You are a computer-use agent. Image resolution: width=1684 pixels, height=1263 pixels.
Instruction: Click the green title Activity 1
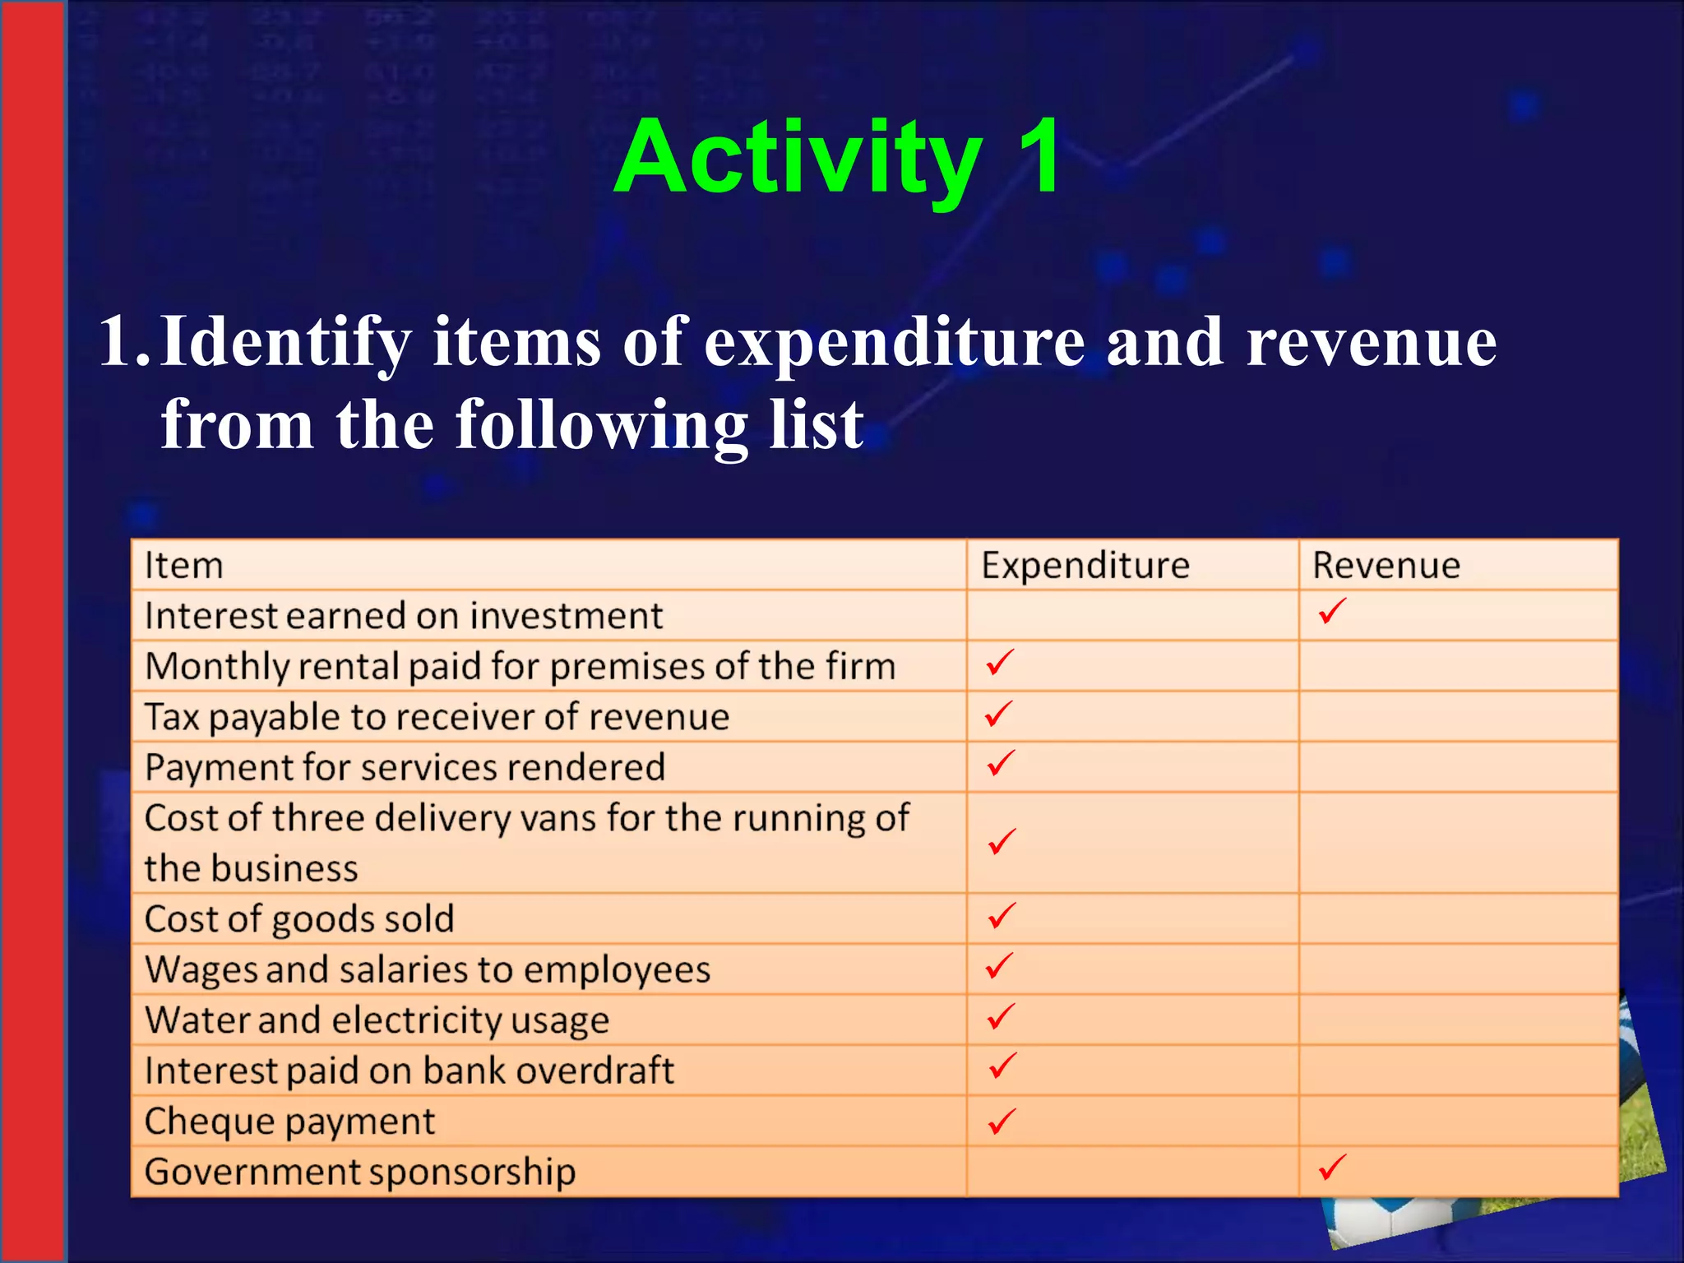tap(837, 158)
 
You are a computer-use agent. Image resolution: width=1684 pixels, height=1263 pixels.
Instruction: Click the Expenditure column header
tap(1085, 566)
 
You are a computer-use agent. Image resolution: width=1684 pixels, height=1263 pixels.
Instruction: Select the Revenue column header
tap(1386, 566)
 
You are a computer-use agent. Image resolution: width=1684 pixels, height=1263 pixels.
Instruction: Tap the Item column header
tap(184, 566)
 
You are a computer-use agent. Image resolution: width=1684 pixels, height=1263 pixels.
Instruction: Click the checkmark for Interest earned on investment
tap(1331, 611)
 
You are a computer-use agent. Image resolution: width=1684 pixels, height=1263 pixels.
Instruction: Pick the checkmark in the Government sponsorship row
tap(1331, 1167)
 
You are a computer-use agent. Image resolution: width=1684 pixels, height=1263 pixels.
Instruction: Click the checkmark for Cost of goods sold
tap(1002, 915)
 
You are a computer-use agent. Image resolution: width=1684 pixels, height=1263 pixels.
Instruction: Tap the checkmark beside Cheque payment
tap(1002, 1121)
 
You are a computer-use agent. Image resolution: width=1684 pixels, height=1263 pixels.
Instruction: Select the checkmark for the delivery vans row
tap(1002, 841)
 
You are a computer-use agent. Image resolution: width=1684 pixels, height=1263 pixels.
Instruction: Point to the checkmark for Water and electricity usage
tap(1002, 1017)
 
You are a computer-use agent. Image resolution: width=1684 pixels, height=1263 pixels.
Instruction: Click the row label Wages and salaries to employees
tap(428, 969)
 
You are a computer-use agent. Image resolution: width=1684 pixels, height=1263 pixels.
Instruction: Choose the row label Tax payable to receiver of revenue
tap(437, 717)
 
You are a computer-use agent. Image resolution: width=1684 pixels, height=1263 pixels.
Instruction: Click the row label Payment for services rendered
tap(405, 768)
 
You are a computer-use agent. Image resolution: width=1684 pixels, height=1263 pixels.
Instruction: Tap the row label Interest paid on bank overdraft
tap(409, 1071)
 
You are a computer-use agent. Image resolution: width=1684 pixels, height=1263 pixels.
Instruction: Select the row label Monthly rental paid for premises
tap(520, 666)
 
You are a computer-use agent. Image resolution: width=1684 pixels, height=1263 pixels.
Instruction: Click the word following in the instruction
tap(601, 426)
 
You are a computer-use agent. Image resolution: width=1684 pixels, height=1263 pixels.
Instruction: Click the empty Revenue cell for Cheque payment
tap(1458, 1121)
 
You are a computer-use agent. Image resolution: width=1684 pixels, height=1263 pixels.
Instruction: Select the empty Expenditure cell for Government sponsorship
tap(1132, 1172)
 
